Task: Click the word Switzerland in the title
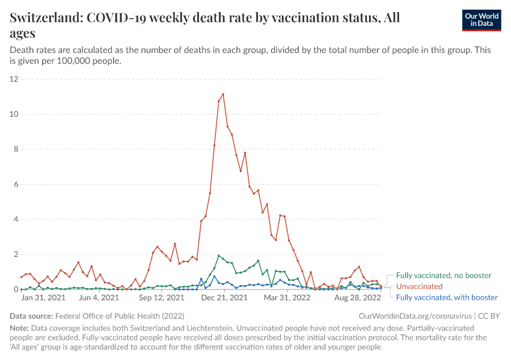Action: (x=46, y=18)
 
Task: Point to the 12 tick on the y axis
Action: (x=14, y=79)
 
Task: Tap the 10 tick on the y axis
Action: (x=14, y=114)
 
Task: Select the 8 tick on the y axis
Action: (x=16, y=149)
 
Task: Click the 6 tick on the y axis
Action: (x=16, y=185)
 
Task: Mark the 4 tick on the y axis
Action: (x=16, y=220)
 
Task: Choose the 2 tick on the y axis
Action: (x=16, y=255)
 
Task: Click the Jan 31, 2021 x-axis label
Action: (x=43, y=297)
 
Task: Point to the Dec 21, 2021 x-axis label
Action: (x=224, y=297)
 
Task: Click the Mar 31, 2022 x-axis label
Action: (x=286, y=297)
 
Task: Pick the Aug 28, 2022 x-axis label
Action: (x=357, y=297)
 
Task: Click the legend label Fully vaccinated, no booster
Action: (x=444, y=276)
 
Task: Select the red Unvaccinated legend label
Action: (x=419, y=286)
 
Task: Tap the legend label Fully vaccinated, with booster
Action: (x=447, y=297)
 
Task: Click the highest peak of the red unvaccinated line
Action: (x=223, y=94)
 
